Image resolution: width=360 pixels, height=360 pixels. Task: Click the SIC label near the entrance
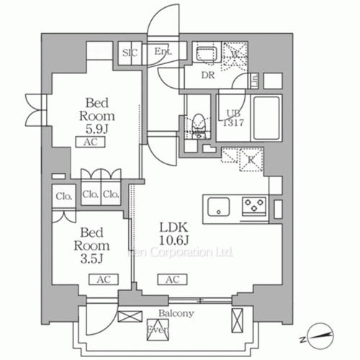130,52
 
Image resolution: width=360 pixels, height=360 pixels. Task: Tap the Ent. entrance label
161,52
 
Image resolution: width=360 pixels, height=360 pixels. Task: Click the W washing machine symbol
235,53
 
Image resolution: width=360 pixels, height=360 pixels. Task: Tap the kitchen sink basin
219,207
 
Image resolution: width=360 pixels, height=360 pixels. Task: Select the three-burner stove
255,207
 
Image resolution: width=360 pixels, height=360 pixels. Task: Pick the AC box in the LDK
173,279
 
